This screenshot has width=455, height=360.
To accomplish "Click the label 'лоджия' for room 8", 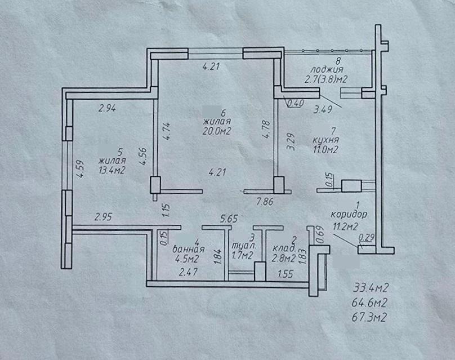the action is [327, 70].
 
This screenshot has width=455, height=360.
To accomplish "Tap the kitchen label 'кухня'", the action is [325, 140].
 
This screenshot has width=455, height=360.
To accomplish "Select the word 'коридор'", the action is [349, 215].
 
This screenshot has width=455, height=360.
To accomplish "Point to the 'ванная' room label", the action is [189, 249].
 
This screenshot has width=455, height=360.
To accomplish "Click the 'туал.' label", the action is [244, 246].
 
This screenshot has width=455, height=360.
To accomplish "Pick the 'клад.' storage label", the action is [284, 248].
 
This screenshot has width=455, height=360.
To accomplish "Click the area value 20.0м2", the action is [217, 131].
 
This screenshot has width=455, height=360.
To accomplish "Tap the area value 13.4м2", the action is [112, 170].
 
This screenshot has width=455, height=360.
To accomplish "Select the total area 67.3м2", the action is [369, 317].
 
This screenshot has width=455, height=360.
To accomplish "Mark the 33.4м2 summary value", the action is [371, 288].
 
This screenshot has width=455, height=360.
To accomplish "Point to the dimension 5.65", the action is [229, 219].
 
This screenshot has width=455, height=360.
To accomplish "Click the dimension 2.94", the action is [108, 109].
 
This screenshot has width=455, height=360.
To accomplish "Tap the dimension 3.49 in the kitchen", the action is [323, 109].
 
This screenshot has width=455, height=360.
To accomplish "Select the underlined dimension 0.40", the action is [296, 103].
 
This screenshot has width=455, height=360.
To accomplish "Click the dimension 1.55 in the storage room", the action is [286, 274].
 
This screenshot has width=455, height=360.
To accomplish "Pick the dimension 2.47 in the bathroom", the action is [189, 272].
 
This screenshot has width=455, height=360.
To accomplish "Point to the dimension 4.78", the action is [267, 130].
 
